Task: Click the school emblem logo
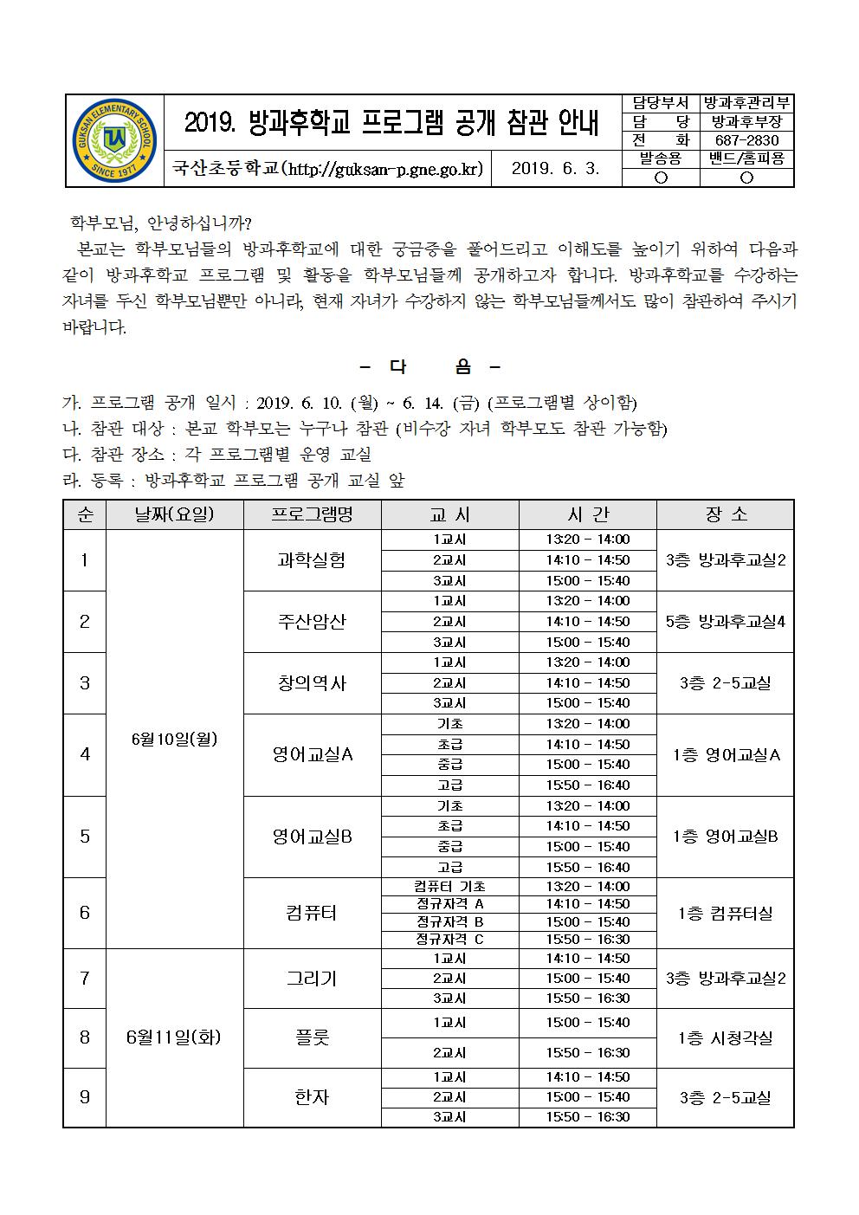[115, 140]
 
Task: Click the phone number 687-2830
[746, 140]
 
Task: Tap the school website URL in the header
[327, 169]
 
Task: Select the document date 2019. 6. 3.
[555, 169]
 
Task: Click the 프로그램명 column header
[312, 514]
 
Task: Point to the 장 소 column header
[725, 514]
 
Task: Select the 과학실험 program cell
[312, 560]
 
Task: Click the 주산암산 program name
[312, 622]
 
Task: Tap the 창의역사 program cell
[312, 683]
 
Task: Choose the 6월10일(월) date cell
[174, 739]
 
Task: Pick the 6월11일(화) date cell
[174, 1037]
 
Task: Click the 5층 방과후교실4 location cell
[725, 622]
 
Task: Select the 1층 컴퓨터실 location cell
[725, 913]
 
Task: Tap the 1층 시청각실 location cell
[725, 1037]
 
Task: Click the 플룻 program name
[312, 1037]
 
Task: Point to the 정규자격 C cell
[449, 940]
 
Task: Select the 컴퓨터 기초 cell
[449, 887]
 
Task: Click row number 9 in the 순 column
[84, 1097]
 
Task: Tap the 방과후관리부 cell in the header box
[746, 103]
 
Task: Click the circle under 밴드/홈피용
[746, 178]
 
